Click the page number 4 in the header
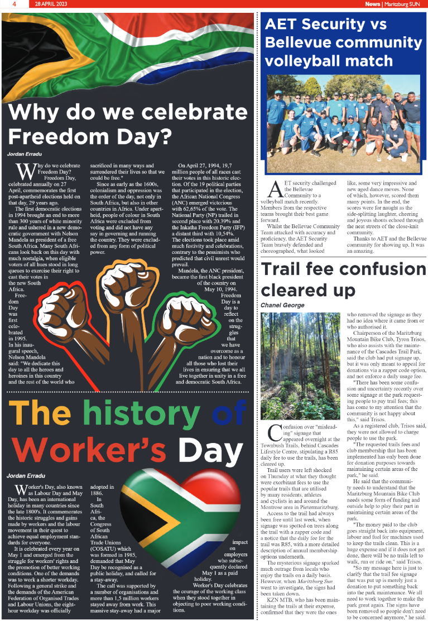click(12, 4)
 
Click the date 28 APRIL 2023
click(51, 4)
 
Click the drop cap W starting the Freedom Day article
click(25, 171)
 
